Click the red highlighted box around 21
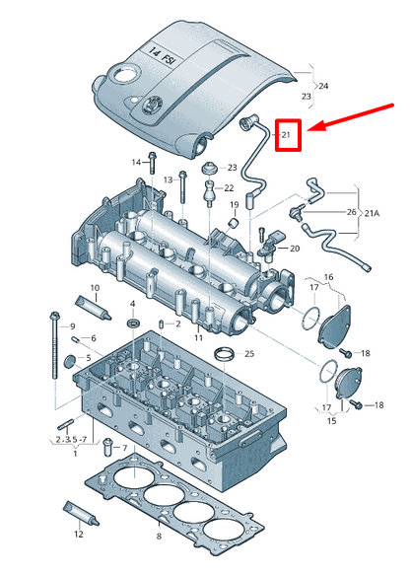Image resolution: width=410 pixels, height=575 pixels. tap(289, 134)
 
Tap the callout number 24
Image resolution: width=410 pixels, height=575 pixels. tap(323, 86)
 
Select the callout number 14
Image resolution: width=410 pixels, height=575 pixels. tap(136, 162)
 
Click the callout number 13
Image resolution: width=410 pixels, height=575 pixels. tap(168, 180)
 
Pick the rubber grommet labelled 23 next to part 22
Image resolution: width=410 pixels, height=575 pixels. tap(210, 169)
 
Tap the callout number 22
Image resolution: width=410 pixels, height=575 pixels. tap(229, 188)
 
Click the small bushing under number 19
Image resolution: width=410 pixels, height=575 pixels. tap(234, 223)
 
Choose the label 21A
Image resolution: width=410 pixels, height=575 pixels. tap(372, 213)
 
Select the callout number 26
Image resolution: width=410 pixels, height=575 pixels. tap(352, 212)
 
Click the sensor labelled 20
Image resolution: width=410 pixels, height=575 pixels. tap(270, 245)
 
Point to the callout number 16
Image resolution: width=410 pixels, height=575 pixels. tap(328, 277)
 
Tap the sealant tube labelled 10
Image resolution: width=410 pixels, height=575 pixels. tap(94, 309)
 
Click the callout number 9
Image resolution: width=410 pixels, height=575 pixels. tap(72, 326)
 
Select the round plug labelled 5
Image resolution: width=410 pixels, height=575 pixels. tap(69, 361)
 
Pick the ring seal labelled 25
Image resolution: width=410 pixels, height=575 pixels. tap(224, 355)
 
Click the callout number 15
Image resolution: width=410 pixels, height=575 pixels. tap(331, 420)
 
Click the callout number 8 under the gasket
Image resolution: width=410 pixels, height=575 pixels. tap(159, 537)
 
